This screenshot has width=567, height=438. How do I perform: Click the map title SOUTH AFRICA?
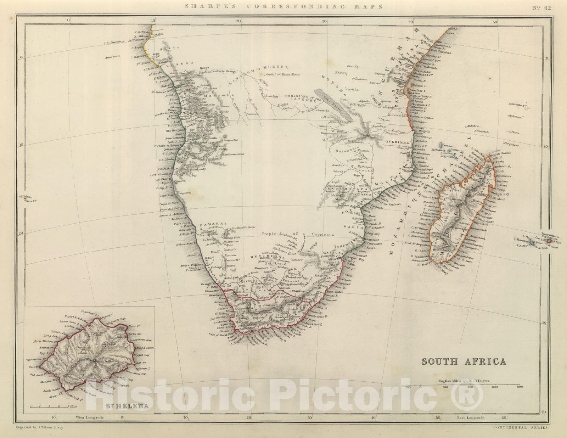click(464, 362)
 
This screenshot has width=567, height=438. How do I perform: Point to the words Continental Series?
click(520, 427)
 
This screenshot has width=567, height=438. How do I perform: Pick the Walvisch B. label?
click(183, 230)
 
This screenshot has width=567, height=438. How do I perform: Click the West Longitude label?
click(90, 417)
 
